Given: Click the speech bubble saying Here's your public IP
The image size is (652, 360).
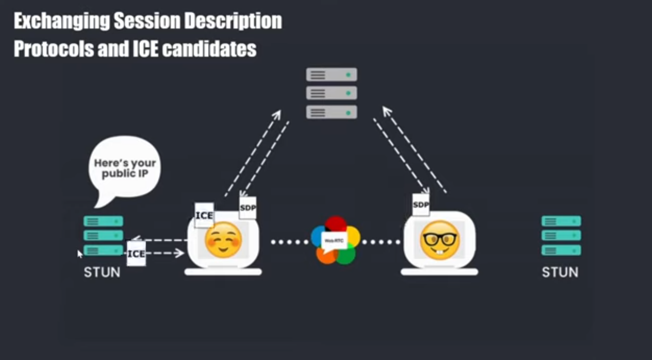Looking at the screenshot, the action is (x=125, y=169).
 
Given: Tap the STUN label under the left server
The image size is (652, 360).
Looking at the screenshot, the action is (x=102, y=273).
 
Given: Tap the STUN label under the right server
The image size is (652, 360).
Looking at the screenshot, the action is (x=560, y=273).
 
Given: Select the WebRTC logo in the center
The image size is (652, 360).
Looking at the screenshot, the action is (x=335, y=240).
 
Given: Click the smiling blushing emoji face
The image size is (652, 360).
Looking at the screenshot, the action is (x=223, y=240).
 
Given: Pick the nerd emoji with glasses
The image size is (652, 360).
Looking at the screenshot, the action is (x=439, y=239).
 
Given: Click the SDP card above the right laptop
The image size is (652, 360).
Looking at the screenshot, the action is (x=421, y=204).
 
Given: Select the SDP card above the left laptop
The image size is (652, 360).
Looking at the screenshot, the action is (x=247, y=208).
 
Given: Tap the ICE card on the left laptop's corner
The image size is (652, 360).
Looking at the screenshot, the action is (x=204, y=215).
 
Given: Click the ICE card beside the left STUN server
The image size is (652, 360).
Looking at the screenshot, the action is (x=136, y=253).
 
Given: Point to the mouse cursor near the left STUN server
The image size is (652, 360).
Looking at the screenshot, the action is (x=80, y=253).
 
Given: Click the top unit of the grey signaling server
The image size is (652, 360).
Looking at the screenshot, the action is (x=331, y=75).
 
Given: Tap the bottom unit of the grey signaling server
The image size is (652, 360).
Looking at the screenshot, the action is (x=331, y=112).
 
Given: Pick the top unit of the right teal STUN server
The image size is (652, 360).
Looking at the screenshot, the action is (x=561, y=221).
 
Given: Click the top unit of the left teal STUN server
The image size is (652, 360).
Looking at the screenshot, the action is (x=103, y=221).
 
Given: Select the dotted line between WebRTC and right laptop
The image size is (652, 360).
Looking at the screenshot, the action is (x=381, y=242).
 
